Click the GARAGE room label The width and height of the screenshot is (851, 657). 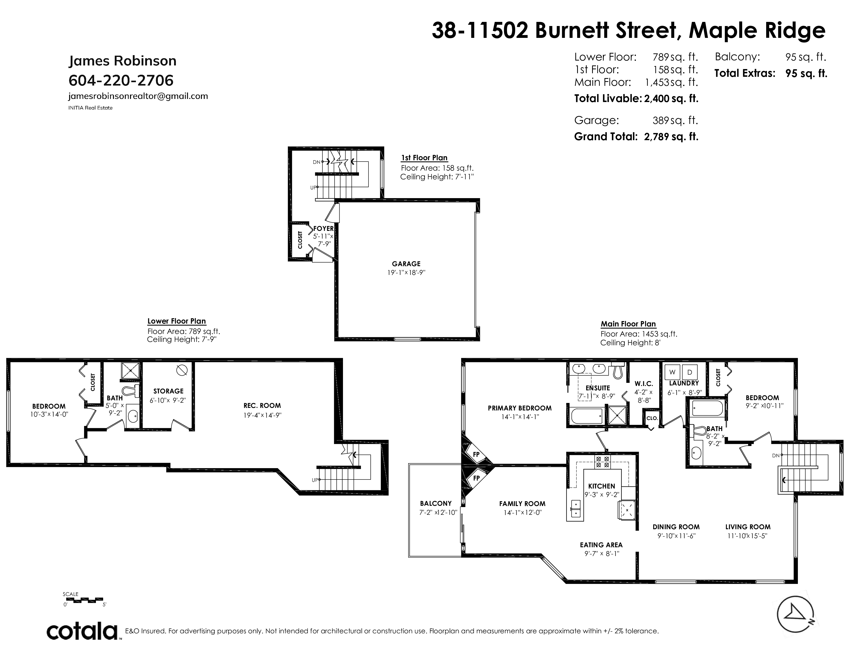(x=406, y=264)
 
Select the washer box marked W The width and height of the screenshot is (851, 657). (x=672, y=372)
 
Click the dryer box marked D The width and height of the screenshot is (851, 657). (x=689, y=372)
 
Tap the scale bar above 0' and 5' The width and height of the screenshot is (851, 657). (x=83, y=600)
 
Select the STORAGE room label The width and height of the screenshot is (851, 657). (x=168, y=391)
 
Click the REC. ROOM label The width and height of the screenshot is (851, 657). (x=262, y=406)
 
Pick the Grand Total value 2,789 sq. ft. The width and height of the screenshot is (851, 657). (x=671, y=137)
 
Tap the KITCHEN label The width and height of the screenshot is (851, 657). (x=602, y=486)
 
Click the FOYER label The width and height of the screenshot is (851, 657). (x=323, y=229)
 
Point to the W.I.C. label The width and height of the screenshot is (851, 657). (x=644, y=384)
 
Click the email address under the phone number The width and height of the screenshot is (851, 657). (x=138, y=96)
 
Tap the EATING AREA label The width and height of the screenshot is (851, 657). (x=601, y=545)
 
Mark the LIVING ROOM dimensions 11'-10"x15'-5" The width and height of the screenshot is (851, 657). (x=747, y=536)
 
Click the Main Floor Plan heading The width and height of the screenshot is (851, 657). (x=628, y=324)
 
